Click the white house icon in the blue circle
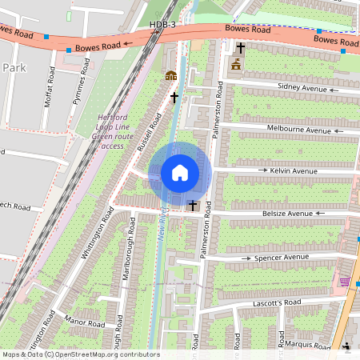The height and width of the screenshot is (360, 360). [x=180, y=173]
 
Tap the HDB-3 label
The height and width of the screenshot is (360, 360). [x=162, y=25]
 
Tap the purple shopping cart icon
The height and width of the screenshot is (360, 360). [x=345, y=282]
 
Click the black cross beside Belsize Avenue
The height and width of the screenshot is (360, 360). [x=192, y=206]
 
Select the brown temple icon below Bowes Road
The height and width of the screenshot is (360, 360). [x=236, y=65]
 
